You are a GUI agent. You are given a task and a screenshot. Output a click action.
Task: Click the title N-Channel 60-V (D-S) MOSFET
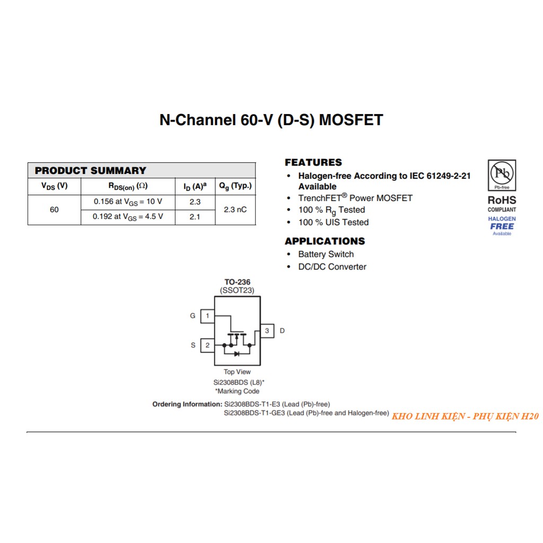(271, 120)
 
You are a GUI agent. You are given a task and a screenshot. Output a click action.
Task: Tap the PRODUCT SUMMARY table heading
(90, 171)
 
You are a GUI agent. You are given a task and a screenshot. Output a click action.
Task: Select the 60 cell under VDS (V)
(54, 210)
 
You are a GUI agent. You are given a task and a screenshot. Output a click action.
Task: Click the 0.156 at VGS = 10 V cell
(128, 202)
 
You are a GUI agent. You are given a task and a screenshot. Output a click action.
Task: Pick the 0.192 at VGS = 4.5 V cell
(128, 217)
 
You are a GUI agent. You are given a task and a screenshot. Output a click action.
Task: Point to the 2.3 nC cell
(235, 210)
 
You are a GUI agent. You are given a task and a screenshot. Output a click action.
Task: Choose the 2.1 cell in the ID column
(195, 217)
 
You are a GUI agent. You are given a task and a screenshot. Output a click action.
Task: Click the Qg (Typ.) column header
(235, 186)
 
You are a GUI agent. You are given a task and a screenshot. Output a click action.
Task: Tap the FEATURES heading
(313, 162)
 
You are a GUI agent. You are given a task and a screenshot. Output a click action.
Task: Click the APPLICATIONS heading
(325, 241)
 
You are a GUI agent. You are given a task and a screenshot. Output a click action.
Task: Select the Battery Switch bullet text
(326, 255)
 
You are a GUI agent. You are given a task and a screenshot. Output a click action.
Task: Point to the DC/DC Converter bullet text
(332, 267)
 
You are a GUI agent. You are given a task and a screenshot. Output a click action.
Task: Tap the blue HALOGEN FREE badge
(502, 226)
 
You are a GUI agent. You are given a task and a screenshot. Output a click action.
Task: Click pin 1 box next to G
(207, 316)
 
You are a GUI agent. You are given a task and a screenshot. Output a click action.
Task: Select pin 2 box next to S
(207, 346)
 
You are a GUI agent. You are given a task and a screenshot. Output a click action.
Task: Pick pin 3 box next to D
(267, 331)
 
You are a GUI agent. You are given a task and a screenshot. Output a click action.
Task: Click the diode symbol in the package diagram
(237, 354)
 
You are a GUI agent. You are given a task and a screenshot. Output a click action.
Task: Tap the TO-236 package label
(237, 282)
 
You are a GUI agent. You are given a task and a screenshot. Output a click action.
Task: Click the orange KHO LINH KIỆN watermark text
(465, 417)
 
